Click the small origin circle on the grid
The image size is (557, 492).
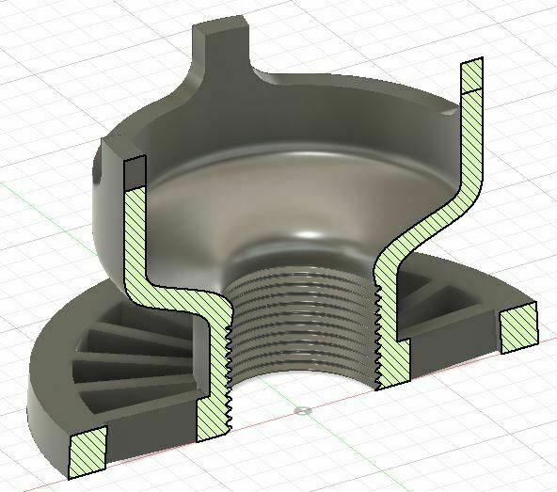click(x=301, y=411)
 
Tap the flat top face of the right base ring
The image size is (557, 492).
click(x=470, y=282)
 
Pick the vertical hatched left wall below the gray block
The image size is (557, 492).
click(x=135, y=235)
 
